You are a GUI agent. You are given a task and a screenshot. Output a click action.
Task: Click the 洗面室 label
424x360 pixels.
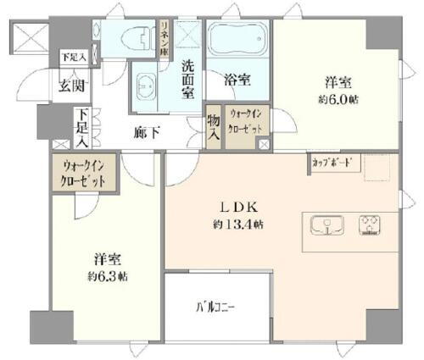click(189, 77)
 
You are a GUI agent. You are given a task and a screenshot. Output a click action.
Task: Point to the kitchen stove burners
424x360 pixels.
click(371, 225)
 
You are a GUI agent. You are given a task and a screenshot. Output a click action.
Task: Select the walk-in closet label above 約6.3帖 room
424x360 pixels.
click(83, 174)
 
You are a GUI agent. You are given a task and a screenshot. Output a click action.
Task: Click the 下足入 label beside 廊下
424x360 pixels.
click(81, 123)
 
